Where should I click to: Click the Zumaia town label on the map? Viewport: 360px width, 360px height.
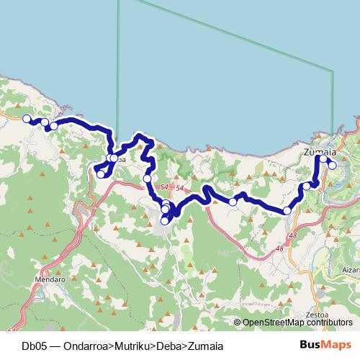(320, 152)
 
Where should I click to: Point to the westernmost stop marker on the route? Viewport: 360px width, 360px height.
(27, 119)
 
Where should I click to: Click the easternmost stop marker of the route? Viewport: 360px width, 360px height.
(332, 165)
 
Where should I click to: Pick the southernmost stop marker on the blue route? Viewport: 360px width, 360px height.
(164, 221)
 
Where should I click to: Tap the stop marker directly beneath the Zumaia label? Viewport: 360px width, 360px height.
(323, 159)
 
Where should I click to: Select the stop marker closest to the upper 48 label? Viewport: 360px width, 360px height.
(287, 211)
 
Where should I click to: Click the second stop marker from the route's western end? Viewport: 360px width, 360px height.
(45, 122)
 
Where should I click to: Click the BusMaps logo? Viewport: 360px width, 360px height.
(328, 346)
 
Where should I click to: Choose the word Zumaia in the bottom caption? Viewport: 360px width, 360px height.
(206, 346)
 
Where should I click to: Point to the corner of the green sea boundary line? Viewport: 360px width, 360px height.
(333, 71)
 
